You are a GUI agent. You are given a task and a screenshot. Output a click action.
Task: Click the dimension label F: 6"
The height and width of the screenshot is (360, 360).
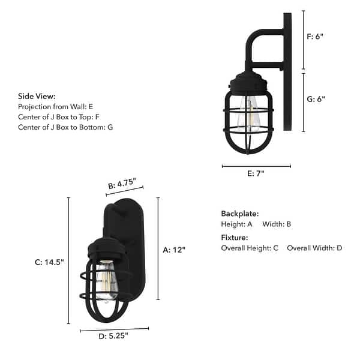tap(316, 36)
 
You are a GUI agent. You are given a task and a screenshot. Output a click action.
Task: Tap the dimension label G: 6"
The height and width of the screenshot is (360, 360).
tap(316, 99)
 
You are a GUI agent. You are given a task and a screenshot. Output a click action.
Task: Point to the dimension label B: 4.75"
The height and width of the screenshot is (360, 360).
tap(122, 184)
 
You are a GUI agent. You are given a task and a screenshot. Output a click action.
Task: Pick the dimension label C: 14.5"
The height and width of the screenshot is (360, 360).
tap(49, 262)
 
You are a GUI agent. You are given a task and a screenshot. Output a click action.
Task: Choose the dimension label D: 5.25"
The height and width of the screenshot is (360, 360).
tap(113, 336)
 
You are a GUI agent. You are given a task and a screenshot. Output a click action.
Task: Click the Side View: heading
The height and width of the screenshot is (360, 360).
tap(37, 96)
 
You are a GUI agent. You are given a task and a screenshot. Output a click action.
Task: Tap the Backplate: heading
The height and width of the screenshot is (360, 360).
tap(240, 214)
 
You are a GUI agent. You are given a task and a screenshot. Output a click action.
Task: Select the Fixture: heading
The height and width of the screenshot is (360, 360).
tap(235, 238)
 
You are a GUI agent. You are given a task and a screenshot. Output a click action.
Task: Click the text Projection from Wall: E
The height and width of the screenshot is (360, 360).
tap(56, 106)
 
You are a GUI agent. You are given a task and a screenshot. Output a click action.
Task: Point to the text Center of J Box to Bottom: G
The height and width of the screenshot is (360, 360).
tap(65, 127)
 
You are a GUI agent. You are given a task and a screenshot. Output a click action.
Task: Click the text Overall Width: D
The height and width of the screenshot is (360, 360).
tap(314, 248)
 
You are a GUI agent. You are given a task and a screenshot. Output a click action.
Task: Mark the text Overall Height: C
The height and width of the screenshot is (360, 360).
tap(250, 248)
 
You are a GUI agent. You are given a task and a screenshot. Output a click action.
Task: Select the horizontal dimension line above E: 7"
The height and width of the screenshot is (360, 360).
tap(256, 166)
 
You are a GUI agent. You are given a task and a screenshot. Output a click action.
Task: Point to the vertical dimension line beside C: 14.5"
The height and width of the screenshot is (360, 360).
tap(69, 261)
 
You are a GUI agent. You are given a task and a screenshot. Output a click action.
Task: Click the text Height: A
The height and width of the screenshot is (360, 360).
tap(237, 224)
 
